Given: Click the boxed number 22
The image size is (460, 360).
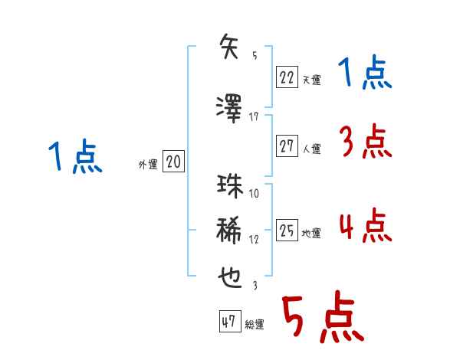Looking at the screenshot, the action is click(x=287, y=76).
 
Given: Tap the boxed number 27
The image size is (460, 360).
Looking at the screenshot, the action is click(x=287, y=146).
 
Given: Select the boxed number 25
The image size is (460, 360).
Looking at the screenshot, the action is click(x=287, y=231).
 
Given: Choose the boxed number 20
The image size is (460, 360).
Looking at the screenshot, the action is click(x=173, y=162).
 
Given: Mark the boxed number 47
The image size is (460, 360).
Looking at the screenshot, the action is click(x=228, y=322).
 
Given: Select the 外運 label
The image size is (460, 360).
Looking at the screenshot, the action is click(x=147, y=165).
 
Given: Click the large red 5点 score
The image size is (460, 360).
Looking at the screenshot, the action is click(x=321, y=319).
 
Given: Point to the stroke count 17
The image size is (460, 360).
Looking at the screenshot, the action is click(x=255, y=116).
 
